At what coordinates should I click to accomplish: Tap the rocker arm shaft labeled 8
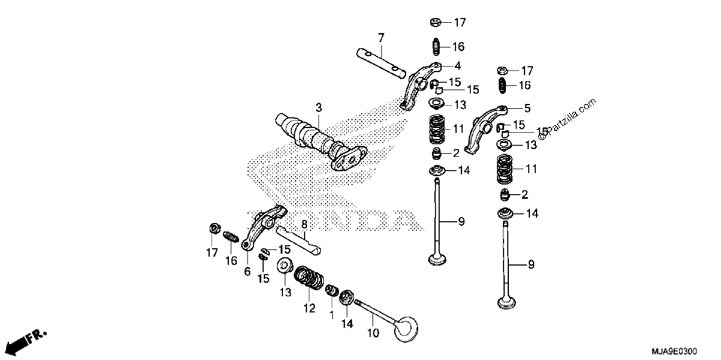(299, 240)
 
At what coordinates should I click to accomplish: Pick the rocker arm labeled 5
(484, 129)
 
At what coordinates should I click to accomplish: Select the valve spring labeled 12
(309, 277)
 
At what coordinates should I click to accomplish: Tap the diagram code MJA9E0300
(674, 350)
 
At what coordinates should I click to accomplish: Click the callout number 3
(318, 107)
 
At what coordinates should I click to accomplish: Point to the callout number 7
(381, 38)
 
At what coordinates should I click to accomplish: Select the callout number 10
(373, 333)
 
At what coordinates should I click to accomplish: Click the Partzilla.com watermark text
(568, 119)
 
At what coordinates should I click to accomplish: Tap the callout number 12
(309, 308)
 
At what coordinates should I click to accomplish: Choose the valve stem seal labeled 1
(332, 290)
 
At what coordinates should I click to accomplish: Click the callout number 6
(247, 272)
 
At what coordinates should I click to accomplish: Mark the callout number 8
(304, 224)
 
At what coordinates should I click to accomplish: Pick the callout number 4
(457, 66)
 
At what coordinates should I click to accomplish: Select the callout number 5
(527, 108)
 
